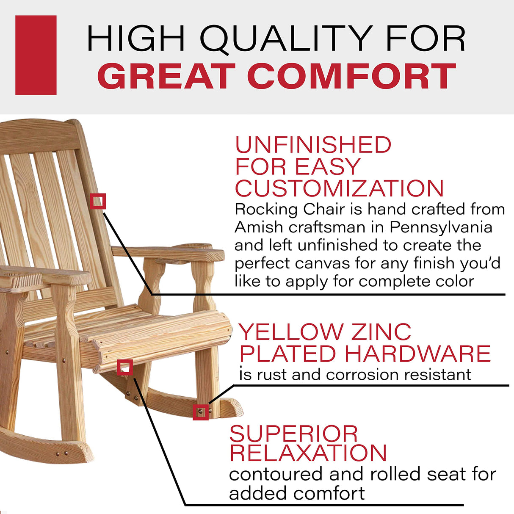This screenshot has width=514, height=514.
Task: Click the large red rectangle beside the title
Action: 36,55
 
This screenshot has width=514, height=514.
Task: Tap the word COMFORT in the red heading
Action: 351,77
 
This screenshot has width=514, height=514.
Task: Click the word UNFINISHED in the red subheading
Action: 313,145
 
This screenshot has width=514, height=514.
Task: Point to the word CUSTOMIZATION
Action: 339,189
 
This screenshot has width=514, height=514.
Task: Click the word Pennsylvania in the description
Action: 441,227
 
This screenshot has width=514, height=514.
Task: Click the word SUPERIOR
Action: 293,434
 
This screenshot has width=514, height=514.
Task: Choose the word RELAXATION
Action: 308,453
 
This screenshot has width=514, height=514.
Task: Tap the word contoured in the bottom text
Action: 276,474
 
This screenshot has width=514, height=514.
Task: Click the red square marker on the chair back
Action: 98,202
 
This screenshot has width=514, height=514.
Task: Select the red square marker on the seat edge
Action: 125,368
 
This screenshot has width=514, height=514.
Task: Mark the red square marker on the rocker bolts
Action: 201,412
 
